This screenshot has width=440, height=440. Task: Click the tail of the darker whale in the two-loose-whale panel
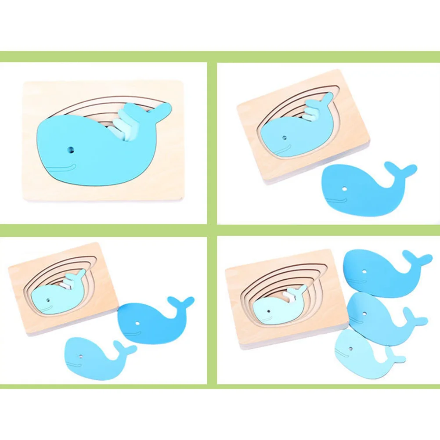point(181,303)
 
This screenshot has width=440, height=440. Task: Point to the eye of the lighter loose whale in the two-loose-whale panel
point(81,353)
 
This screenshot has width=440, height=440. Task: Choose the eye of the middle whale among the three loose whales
point(366,313)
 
